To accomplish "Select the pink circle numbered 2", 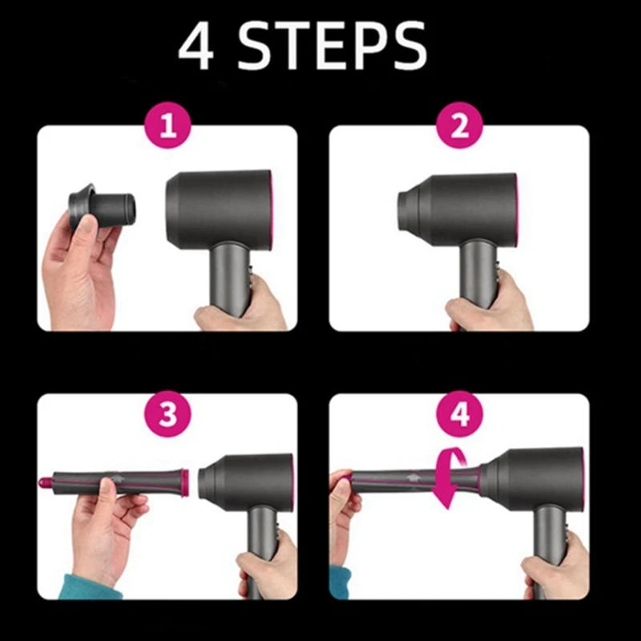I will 459,127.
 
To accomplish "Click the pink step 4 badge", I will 459,413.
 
